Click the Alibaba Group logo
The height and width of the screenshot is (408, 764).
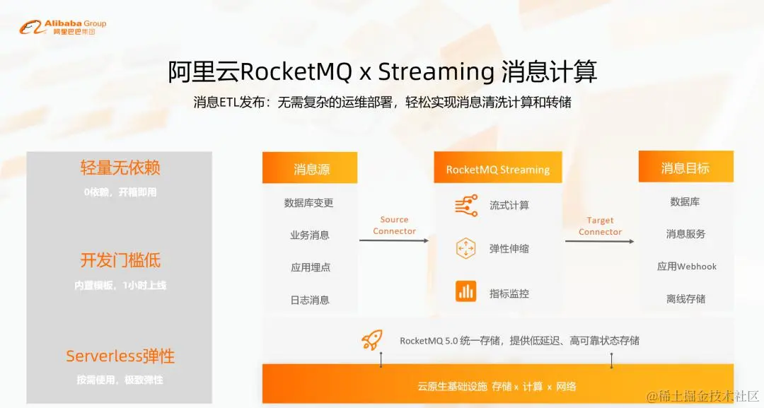(63, 28)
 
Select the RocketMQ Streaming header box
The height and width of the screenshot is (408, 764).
(498, 169)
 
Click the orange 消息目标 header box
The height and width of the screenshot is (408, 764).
(685, 168)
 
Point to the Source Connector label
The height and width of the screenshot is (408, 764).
(394, 226)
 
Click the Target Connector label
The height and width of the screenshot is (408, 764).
(600, 226)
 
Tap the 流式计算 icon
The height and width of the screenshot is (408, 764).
(466, 206)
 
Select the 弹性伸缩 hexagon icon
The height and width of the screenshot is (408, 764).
(466, 248)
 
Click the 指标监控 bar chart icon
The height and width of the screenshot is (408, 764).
(466, 291)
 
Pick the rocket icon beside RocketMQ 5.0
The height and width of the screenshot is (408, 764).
(372, 340)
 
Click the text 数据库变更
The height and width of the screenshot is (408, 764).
(309, 203)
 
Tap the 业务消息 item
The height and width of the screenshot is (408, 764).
(309, 235)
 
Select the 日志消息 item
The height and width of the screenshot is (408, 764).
(309, 300)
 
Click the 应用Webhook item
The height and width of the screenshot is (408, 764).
(686, 267)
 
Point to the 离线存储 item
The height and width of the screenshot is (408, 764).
(685, 298)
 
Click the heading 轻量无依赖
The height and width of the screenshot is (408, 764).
(120, 168)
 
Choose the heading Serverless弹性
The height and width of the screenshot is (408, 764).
(120, 356)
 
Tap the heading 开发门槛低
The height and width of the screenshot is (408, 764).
(120, 260)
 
